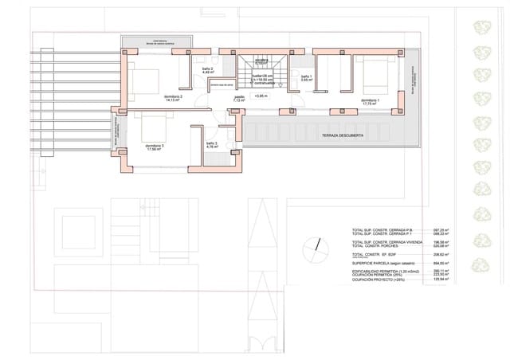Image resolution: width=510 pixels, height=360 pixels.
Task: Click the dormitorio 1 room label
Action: click(370, 101)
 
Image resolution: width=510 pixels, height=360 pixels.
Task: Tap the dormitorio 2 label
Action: click(174, 98)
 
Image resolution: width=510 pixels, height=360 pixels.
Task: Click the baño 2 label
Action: click(207, 70)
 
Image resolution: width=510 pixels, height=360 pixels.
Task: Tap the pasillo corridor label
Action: click(239, 98)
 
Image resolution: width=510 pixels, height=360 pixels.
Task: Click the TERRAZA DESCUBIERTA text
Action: click(343, 135)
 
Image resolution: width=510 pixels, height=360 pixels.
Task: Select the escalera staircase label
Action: click(261, 61)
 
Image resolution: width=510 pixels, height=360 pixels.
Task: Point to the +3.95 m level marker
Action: click(261, 96)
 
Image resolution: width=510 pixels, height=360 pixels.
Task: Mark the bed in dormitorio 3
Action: click(153, 123)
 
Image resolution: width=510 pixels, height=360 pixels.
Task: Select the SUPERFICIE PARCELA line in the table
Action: click(381, 262)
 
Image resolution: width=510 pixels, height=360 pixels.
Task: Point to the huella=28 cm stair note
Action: click(263, 75)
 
